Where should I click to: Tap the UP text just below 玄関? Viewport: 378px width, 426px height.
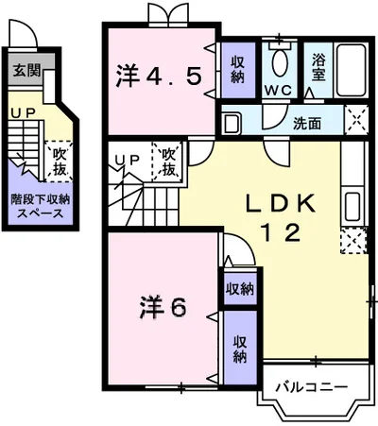(21, 111)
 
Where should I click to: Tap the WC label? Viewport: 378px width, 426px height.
(277, 91)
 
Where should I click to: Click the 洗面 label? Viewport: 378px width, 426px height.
(306, 124)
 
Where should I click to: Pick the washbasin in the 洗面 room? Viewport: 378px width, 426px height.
(232, 123)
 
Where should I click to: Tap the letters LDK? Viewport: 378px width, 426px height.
(280, 202)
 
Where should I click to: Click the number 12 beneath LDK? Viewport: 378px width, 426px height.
(281, 231)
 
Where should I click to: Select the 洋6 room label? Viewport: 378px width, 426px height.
(163, 307)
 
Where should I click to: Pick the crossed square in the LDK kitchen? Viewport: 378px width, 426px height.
(352, 243)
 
